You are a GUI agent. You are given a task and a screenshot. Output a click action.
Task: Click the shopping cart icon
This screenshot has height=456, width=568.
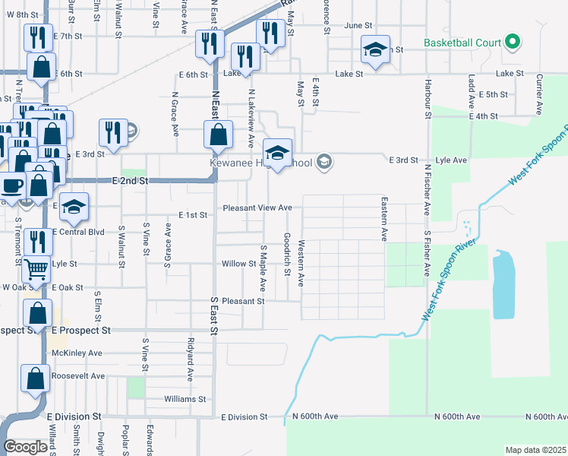click(36, 268)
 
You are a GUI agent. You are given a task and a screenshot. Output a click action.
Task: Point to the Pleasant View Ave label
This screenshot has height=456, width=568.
click(257, 207)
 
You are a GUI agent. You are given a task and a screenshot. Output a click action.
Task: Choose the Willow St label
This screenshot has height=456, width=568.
click(238, 264)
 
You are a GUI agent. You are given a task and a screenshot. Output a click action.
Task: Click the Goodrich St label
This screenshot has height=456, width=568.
click(288, 254)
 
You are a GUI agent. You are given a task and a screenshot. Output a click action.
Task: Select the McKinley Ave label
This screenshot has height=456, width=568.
click(76, 353)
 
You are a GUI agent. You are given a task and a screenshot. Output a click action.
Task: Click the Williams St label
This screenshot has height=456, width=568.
click(185, 399)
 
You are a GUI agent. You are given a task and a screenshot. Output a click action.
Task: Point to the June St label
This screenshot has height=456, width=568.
click(356, 25)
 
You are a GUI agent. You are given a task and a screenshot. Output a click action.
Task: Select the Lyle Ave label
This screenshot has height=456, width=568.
click(451, 161)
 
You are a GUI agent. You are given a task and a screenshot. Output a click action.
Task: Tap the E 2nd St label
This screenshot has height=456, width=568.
click(129, 180)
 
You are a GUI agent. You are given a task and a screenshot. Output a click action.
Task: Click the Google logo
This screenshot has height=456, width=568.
click(25, 447)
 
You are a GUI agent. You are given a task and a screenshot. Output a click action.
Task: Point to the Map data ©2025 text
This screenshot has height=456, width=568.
click(535, 450)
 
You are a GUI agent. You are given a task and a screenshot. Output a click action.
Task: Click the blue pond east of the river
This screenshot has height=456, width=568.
click(503, 284)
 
